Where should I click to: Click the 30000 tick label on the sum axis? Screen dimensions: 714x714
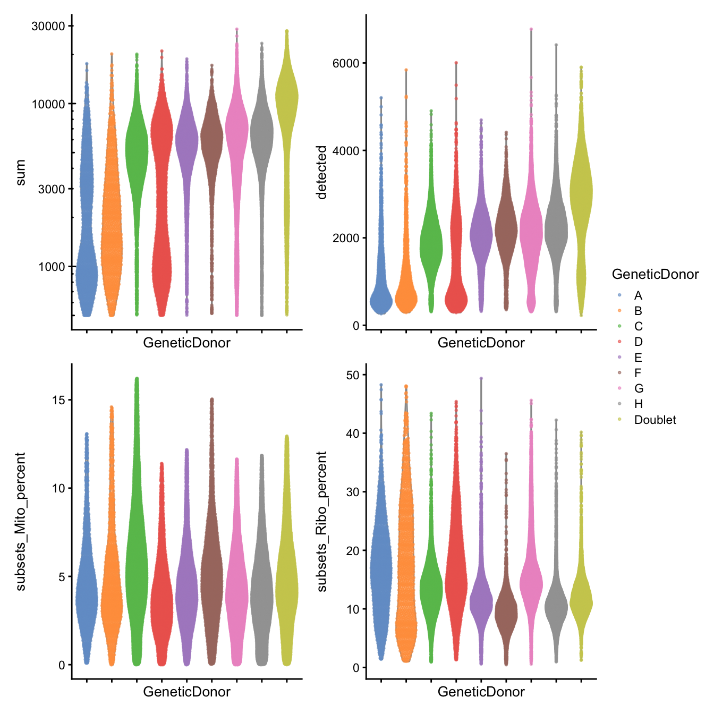(x=48, y=26)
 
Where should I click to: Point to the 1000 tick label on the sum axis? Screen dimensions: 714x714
(x=52, y=267)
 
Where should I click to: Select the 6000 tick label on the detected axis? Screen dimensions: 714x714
(x=346, y=63)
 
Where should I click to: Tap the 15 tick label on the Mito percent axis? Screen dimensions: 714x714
(x=58, y=400)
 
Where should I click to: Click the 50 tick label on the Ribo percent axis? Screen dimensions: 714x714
(x=353, y=375)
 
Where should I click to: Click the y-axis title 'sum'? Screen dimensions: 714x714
(x=21, y=173)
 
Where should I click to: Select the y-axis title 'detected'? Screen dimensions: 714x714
(x=321, y=173)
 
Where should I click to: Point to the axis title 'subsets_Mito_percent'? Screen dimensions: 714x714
(x=21, y=521)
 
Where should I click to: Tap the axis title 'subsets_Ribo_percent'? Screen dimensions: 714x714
(x=321, y=521)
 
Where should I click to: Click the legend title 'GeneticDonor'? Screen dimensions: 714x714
(x=655, y=274)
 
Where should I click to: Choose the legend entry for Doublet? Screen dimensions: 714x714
(x=654, y=420)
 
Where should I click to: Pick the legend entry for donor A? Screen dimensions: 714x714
(x=637, y=295)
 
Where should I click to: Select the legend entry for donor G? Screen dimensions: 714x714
(x=638, y=388)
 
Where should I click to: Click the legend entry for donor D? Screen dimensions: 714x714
(x=638, y=342)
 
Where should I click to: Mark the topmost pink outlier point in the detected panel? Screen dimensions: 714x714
(x=531, y=29)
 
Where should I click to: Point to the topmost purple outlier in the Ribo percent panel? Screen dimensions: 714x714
(x=481, y=378)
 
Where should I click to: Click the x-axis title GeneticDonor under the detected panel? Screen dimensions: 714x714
(x=481, y=343)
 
